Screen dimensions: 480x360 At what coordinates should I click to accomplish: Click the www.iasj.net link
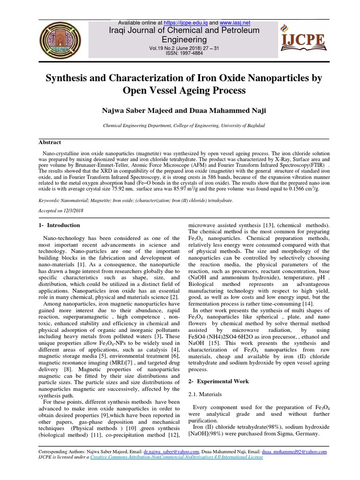coord(235,22)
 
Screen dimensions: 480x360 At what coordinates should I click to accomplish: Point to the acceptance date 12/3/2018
coord(75,211)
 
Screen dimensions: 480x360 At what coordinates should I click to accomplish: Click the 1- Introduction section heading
coord(59,225)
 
